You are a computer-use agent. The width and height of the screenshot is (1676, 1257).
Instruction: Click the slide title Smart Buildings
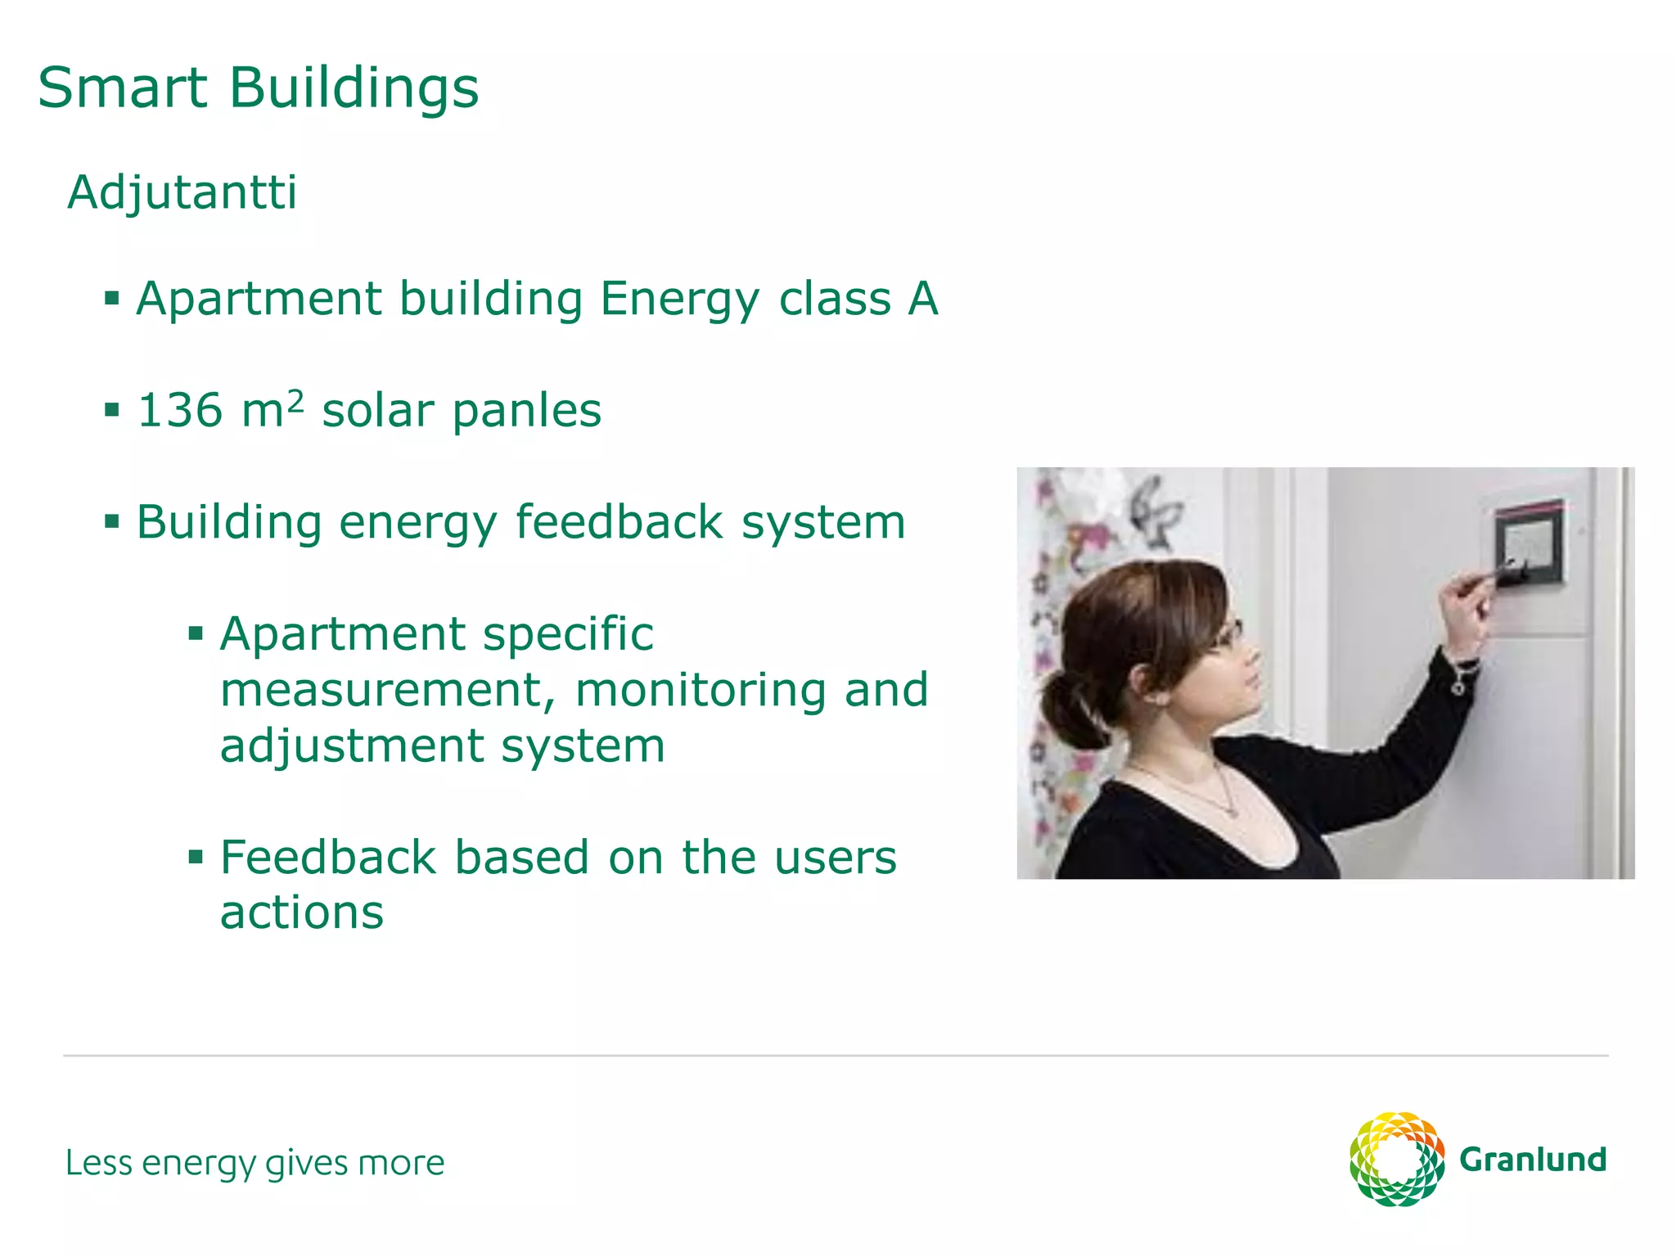coord(258,88)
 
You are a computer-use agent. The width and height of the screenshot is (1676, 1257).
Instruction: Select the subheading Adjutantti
coord(182,193)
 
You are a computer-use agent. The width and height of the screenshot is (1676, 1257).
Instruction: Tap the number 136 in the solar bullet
coord(180,410)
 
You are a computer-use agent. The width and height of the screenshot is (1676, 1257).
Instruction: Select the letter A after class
coord(922,299)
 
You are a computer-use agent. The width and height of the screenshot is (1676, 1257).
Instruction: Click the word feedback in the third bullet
coord(619,522)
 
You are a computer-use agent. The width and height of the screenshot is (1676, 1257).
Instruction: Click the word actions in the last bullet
coord(302,912)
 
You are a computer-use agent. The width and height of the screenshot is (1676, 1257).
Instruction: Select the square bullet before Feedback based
coord(196,857)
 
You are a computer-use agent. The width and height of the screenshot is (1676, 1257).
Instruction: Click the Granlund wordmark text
coord(1533,1160)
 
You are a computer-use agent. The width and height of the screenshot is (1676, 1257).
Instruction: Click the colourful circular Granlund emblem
coord(1397,1159)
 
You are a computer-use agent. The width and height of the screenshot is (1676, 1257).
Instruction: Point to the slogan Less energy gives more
coord(255,1163)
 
